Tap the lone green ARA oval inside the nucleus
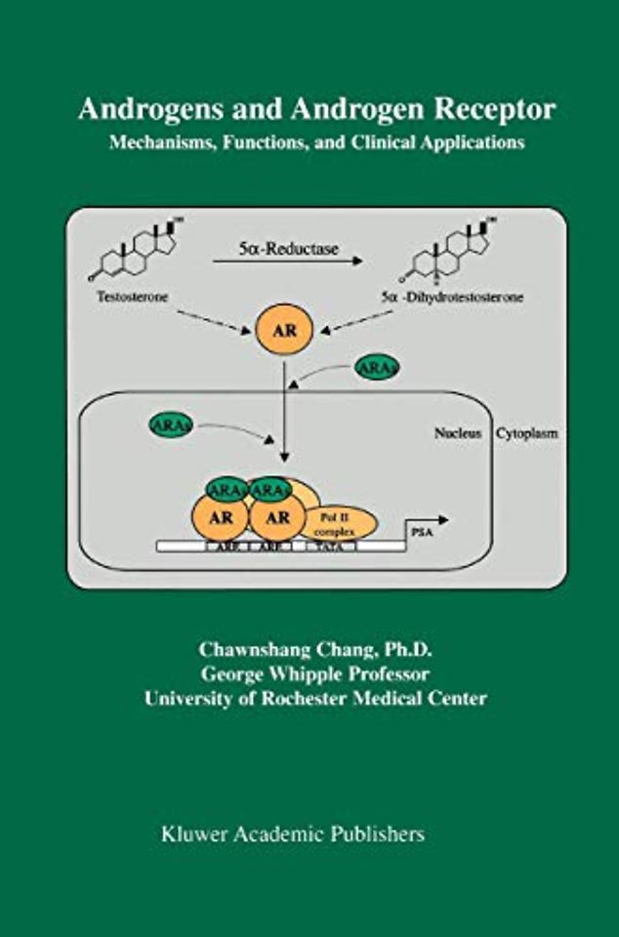coord(171,425)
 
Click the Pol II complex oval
coord(340,524)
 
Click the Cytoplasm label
coord(527,433)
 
